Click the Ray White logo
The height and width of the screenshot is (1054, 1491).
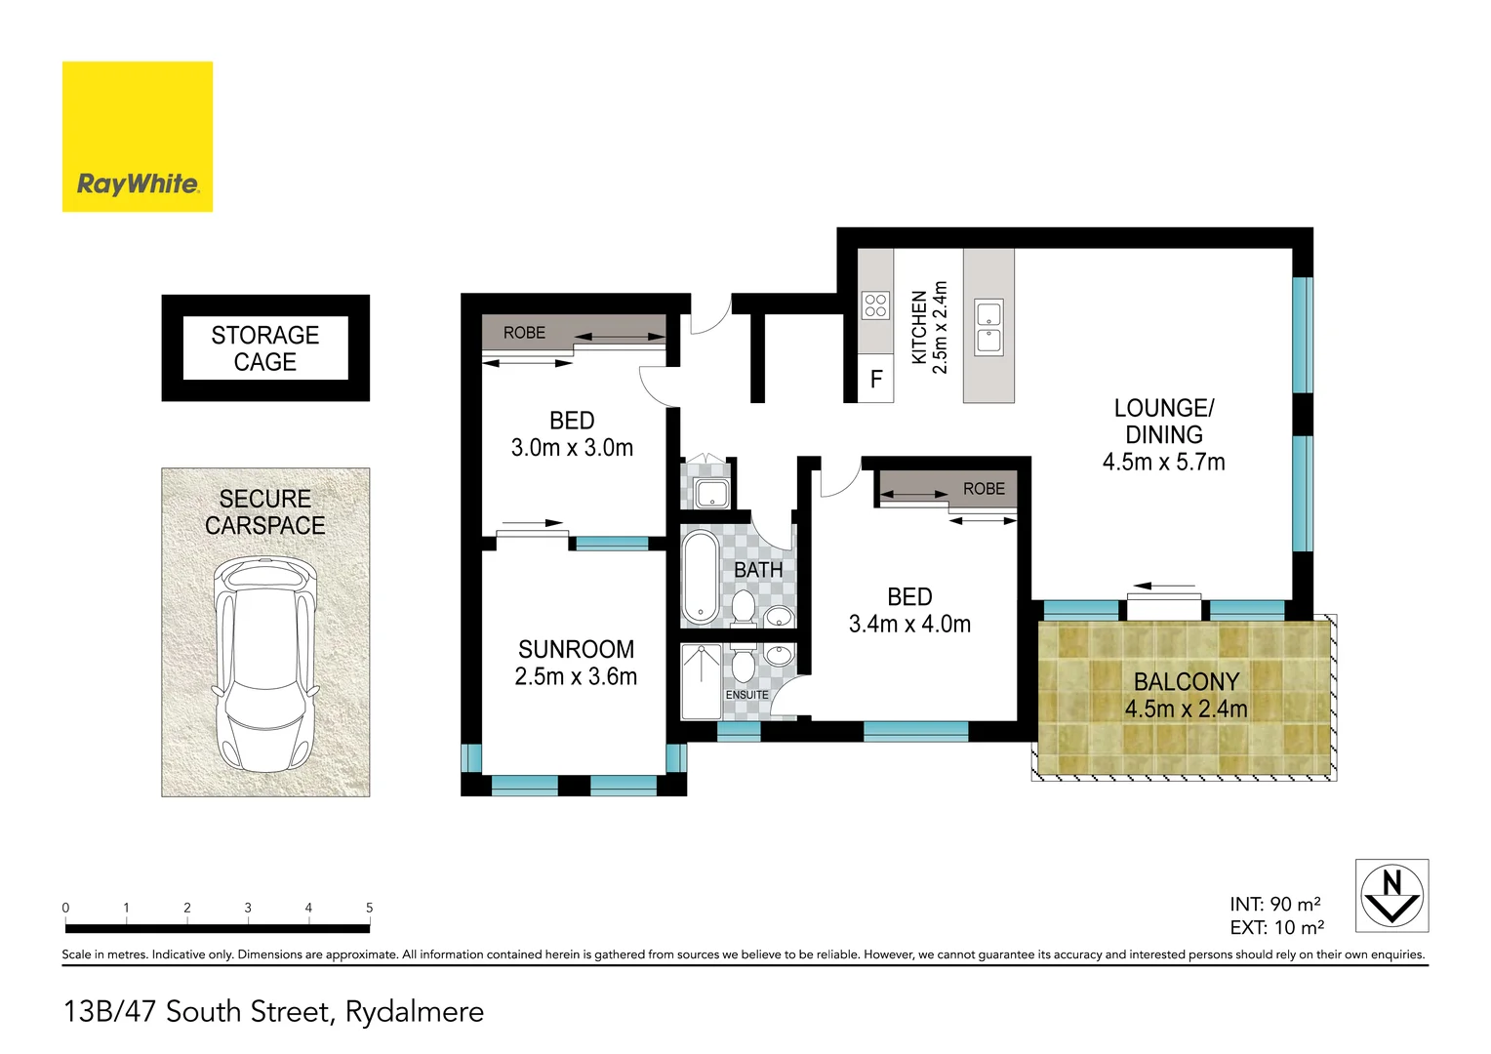138,137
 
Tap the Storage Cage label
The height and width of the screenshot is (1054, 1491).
265,348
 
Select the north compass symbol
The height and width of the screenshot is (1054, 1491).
1391,896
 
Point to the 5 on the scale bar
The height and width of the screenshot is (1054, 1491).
369,908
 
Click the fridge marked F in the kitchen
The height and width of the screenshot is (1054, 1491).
876,379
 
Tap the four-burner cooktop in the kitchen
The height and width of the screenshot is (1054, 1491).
875,305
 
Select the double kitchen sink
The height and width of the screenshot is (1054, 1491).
988,328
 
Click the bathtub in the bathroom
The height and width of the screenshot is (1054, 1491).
700,577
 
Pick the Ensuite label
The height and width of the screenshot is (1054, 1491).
746,695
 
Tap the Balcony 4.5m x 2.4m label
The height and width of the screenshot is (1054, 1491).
1186,695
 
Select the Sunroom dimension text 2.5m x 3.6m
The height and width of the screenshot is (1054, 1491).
576,676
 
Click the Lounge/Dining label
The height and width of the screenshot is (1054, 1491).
1164,422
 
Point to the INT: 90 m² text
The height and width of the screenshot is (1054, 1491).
1275,905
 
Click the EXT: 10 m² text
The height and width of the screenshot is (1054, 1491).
1276,928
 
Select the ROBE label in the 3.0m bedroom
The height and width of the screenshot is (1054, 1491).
524,333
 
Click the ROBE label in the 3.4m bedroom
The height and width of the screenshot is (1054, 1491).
984,489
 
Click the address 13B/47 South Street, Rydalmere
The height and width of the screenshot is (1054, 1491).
273,1011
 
